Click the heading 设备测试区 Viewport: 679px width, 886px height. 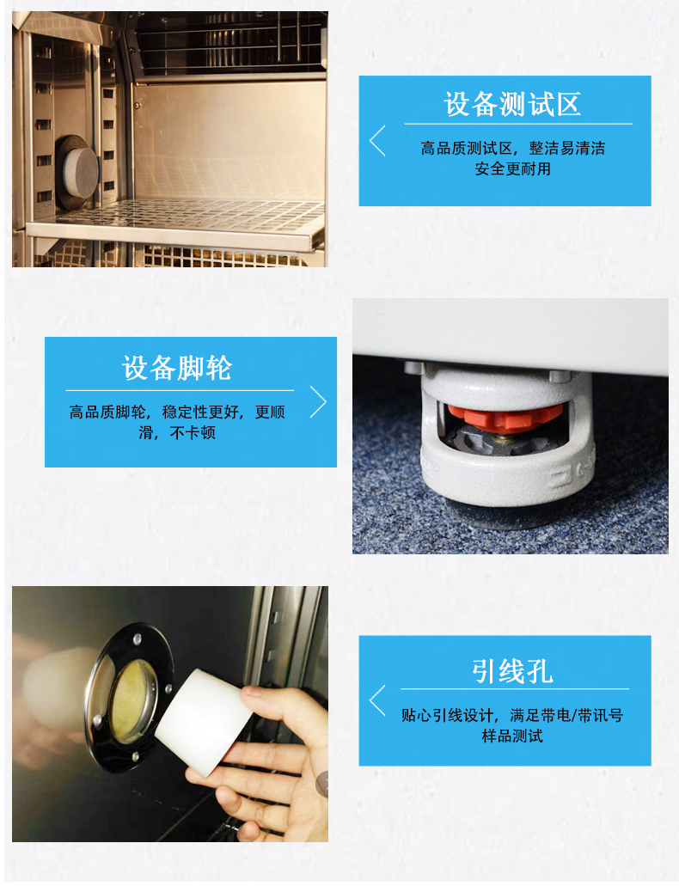(x=512, y=104)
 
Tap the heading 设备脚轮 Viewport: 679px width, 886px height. (x=177, y=368)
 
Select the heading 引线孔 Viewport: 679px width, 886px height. (x=512, y=672)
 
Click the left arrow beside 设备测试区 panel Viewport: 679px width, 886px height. (x=377, y=141)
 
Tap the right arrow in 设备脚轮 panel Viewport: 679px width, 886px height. (x=318, y=402)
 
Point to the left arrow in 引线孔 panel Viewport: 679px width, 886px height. (x=377, y=700)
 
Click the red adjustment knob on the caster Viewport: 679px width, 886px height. (x=505, y=416)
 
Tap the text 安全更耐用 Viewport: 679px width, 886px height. (x=512, y=168)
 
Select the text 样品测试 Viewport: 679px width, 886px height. (x=512, y=736)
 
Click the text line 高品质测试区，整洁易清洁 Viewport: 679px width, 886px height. (x=512, y=148)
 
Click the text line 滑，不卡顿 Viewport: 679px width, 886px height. (x=177, y=433)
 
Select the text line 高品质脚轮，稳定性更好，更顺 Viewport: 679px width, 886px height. (x=177, y=412)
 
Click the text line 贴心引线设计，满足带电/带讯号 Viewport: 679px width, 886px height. (x=512, y=715)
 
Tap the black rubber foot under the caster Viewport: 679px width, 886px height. (x=498, y=516)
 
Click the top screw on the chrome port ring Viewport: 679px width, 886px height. (x=137, y=639)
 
